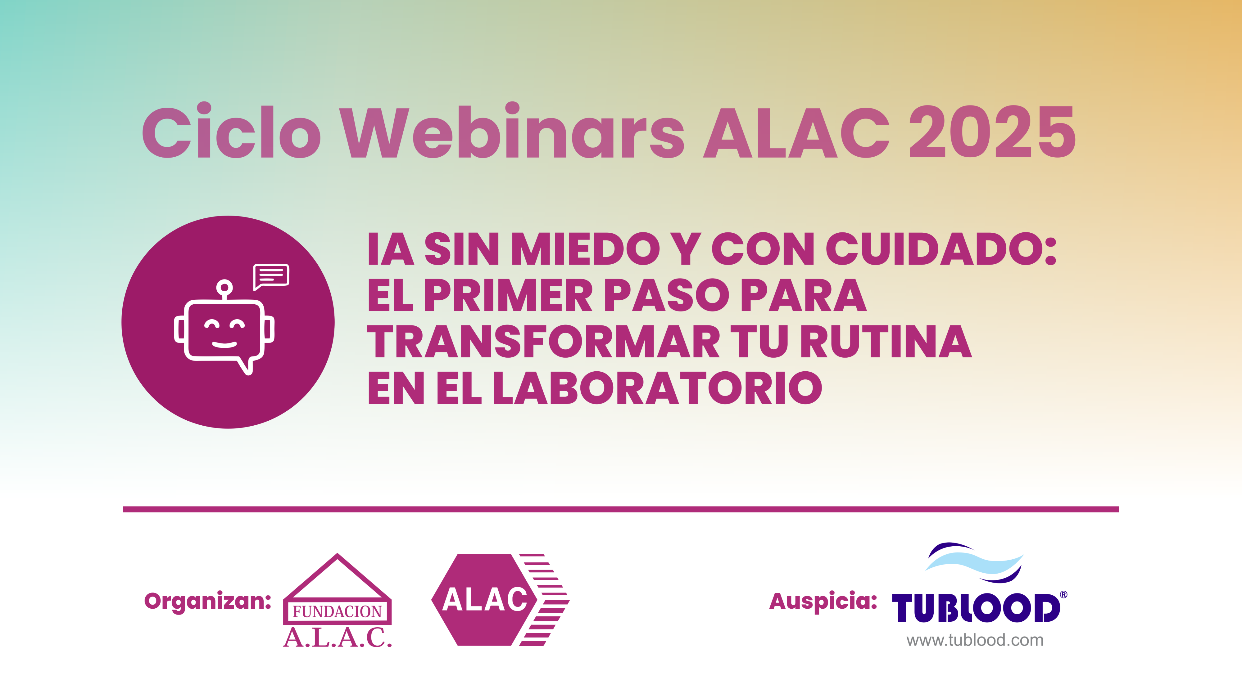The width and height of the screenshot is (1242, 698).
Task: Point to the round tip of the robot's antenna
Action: pyautogui.click(x=224, y=288)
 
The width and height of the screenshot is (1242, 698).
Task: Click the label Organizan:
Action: pyautogui.click(x=208, y=601)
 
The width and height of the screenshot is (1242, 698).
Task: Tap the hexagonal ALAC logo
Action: pyautogui.click(x=500, y=599)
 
